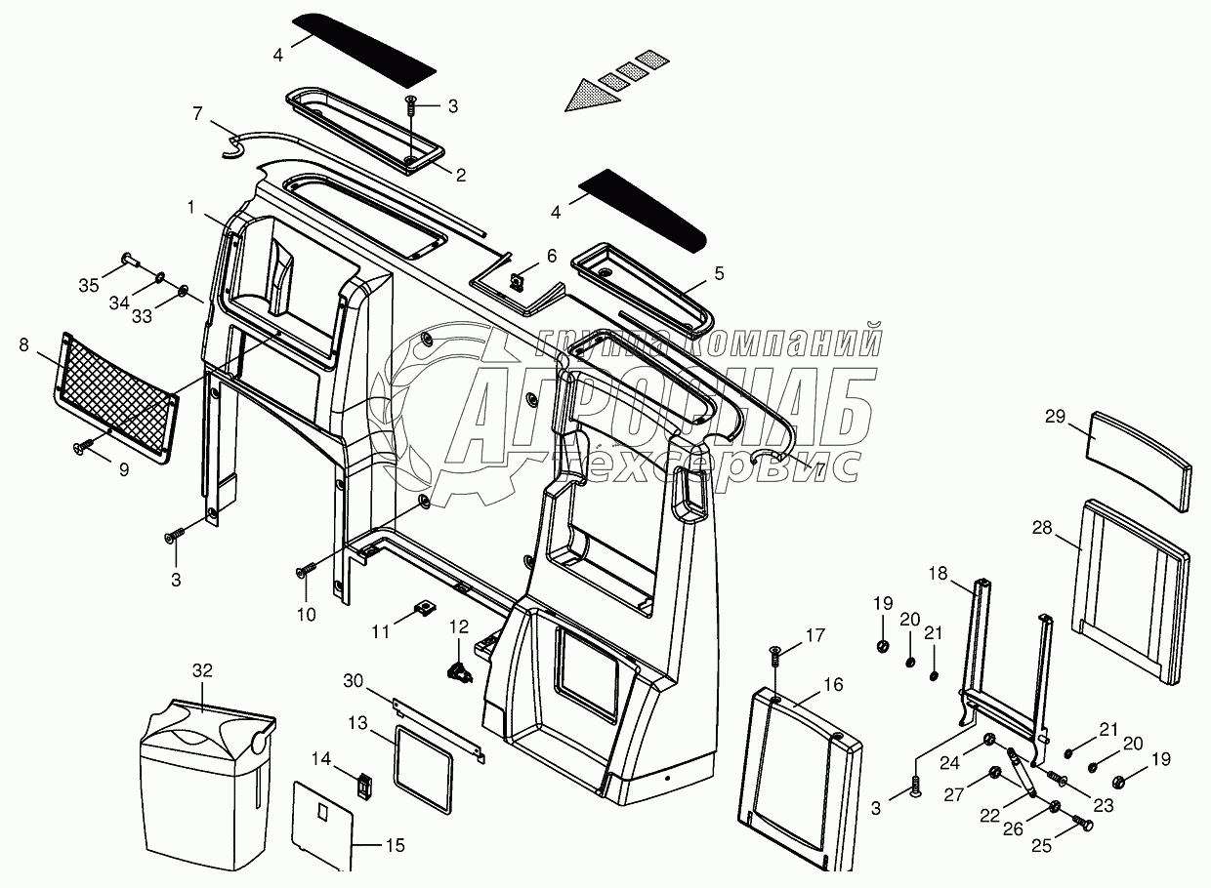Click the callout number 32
pyautogui.click(x=203, y=670)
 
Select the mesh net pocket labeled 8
pyautogui.click(x=116, y=398)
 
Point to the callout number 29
pyautogui.click(x=1055, y=417)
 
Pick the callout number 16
pyautogui.click(x=834, y=684)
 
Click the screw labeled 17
pyautogui.click(x=774, y=658)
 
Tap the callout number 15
pyautogui.click(x=396, y=845)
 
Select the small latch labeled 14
pyautogui.click(x=366, y=785)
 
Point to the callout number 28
pyautogui.click(x=1042, y=527)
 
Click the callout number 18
pyautogui.click(x=939, y=573)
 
